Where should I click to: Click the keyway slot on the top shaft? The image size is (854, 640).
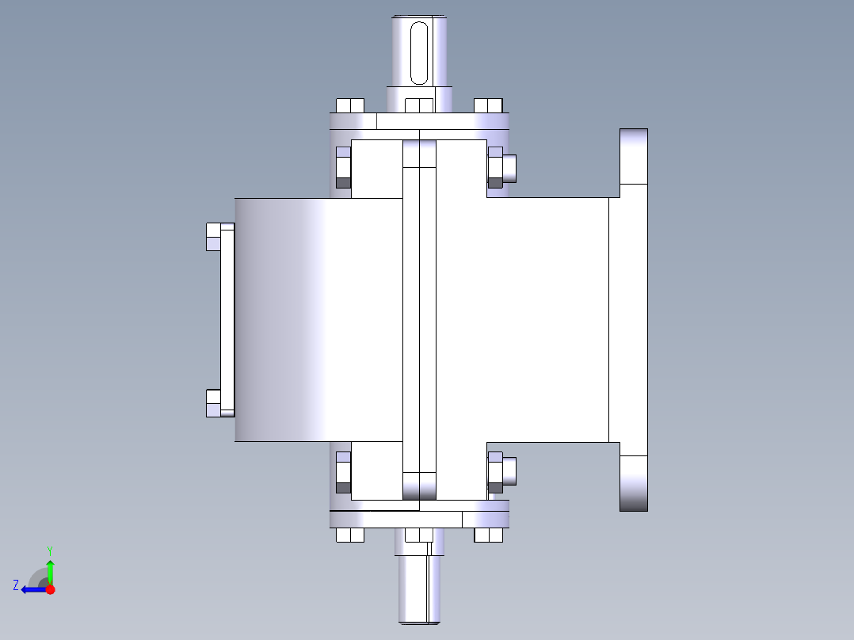point(420,52)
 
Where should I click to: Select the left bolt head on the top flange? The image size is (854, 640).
point(349,105)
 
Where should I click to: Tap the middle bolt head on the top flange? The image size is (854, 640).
point(419,105)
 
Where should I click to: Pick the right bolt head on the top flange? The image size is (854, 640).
point(488,105)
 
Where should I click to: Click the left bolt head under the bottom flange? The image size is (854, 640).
point(349,535)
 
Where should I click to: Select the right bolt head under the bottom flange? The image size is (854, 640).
point(488,535)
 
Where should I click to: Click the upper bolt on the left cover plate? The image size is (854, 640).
point(213,237)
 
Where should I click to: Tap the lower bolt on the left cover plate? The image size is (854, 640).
point(213,403)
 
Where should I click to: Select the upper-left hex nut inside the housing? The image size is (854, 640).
point(343,167)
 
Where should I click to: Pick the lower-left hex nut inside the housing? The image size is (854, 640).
point(343,472)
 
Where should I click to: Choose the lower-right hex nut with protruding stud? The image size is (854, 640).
point(501,472)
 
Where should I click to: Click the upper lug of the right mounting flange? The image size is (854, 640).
point(633,156)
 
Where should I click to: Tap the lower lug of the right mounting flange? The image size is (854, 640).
point(633,483)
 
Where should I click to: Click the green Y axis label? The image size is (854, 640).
point(49,549)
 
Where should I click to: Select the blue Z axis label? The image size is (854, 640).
point(16,585)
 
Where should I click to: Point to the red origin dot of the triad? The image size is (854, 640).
point(50,589)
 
